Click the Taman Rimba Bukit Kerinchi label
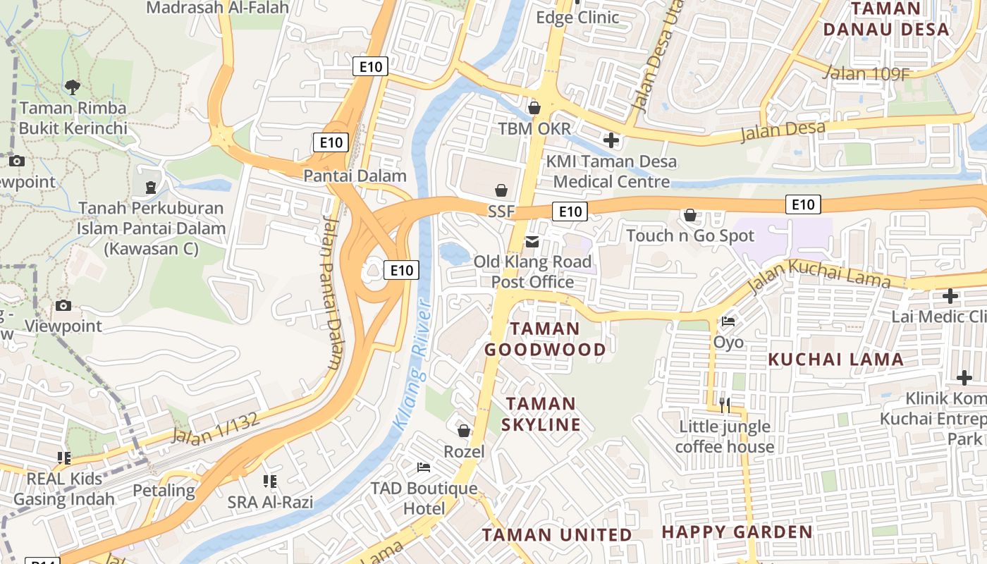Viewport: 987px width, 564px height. (x=73, y=118)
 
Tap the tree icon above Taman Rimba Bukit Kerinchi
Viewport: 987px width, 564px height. (x=72, y=87)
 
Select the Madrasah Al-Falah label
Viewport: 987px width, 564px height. (x=218, y=8)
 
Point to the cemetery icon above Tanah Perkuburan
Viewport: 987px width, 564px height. (x=150, y=188)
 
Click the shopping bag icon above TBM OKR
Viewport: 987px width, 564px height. (x=534, y=108)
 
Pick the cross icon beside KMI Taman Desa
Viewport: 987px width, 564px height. (x=611, y=141)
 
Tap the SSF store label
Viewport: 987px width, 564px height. (x=501, y=211)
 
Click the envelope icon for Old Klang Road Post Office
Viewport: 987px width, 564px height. (x=532, y=243)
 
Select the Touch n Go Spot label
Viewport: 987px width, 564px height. (x=690, y=235)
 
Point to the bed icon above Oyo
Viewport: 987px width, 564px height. (x=728, y=321)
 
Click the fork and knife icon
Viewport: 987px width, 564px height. (x=724, y=405)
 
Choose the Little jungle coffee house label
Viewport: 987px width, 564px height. (x=725, y=436)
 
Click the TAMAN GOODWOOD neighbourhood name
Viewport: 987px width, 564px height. (x=545, y=339)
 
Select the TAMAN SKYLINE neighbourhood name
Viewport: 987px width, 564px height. (x=541, y=414)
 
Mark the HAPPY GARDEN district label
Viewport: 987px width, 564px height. (x=737, y=532)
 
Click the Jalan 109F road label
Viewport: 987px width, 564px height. (x=866, y=72)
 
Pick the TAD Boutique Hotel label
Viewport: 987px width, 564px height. (x=424, y=498)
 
